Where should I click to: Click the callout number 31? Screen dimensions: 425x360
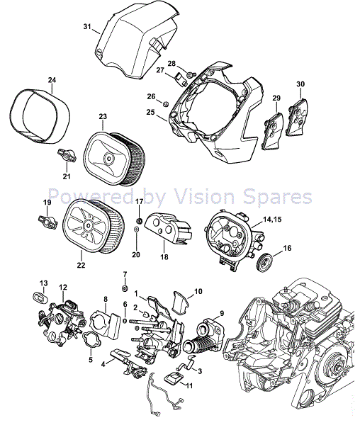(88, 27)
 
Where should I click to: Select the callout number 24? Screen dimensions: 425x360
(52, 80)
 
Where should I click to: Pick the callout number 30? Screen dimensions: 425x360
(300, 84)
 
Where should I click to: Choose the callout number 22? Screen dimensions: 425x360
(81, 266)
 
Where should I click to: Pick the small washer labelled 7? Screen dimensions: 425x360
(124, 289)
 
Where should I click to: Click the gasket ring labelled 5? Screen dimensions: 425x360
(92, 341)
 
